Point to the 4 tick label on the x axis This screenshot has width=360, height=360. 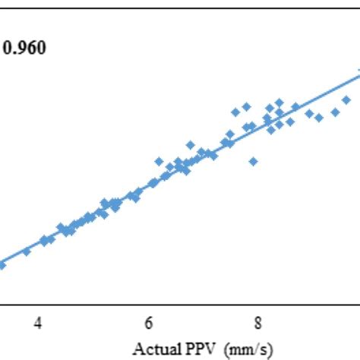coord(38,323)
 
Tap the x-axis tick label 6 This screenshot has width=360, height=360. coord(149,323)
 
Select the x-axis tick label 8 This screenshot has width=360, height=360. coord(258,323)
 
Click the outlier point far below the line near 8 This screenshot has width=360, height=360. coord(253,161)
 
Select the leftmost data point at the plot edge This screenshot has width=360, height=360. coord(2,265)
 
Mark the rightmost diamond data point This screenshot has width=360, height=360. coord(346,99)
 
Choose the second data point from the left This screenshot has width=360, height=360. coord(27,251)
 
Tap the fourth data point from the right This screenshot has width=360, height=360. coord(308,113)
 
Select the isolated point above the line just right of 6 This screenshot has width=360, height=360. coord(159,161)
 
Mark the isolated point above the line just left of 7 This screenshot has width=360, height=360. coord(190,144)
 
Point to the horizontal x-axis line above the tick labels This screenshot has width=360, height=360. coord(180,304)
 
